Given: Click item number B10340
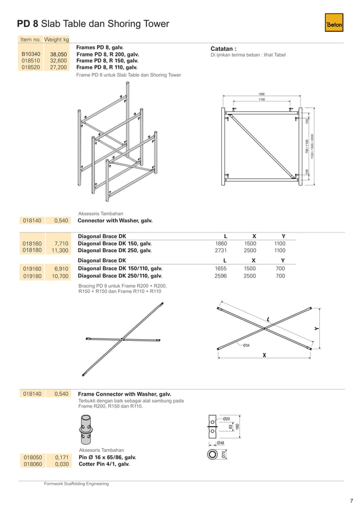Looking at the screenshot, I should [32, 54].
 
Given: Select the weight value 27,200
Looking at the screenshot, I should [58, 67].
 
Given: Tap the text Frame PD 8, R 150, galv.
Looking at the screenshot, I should [107, 60].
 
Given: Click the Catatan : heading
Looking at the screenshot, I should [223, 49].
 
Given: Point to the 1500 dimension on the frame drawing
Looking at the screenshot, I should [262, 94].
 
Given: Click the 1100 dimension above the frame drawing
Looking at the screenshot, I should [262, 100].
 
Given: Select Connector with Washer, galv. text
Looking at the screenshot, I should [115, 221].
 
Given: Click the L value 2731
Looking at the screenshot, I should [221, 250].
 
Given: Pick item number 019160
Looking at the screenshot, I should [32, 269].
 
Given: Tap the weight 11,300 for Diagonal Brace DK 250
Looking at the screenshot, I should [60, 250].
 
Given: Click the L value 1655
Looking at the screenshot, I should [221, 269].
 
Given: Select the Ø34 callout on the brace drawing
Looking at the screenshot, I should [246, 345].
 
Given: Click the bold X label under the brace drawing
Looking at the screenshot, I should [263, 356].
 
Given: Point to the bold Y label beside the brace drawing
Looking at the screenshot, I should [317, 329].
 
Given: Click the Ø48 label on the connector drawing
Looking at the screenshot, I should [221, 443].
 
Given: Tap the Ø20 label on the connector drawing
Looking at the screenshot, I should [226, 419].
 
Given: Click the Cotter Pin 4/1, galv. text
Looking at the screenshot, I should [103, 464].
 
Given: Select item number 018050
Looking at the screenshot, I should [32, 457].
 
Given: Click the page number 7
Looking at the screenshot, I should [351, 500].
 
